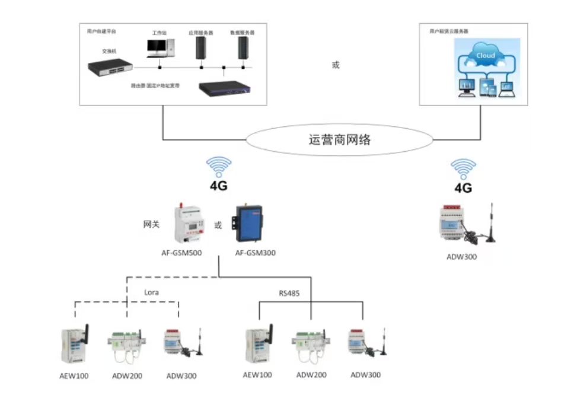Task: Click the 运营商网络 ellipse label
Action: [x=340, y=140]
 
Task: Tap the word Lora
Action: [x=152, y=292]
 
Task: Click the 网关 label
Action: [x=152, y=224]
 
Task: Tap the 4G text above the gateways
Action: [x=219, y=186]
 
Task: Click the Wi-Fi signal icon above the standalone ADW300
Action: [x=463, y=168]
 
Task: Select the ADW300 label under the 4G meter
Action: [x=461, y=257]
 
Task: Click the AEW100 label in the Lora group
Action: [x=74, y=375]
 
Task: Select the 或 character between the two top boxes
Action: [x=336, y=65]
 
